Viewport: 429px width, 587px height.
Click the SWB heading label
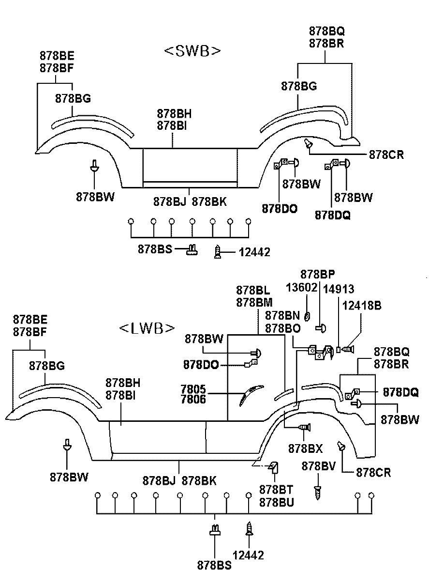tap(192, 51)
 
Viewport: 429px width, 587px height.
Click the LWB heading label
tap(147, 328)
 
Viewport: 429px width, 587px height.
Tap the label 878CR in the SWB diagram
tap(386, 155)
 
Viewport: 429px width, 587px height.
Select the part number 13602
tap(301, 288)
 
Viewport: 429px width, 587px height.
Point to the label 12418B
tap(362, 305)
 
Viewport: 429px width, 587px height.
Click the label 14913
tap(339, 289)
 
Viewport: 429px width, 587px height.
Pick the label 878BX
tap(305, 448)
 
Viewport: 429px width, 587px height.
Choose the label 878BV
tap(318, 466)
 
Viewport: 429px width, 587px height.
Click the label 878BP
tap(317, 275)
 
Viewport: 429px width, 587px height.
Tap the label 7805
tap(193, 389)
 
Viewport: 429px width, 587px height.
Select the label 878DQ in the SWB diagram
tap(332, 215)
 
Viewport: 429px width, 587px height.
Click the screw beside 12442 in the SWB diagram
tap(217, 252)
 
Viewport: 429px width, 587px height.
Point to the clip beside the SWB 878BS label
tap(192, 250)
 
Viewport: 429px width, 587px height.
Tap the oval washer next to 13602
tap(307, 316)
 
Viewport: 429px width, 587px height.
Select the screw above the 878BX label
tap(304, 427)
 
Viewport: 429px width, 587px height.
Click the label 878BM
tap(254, 302)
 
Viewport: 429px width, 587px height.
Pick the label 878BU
tap(277, 502)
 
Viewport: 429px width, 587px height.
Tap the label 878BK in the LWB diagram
tap(199, 480)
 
